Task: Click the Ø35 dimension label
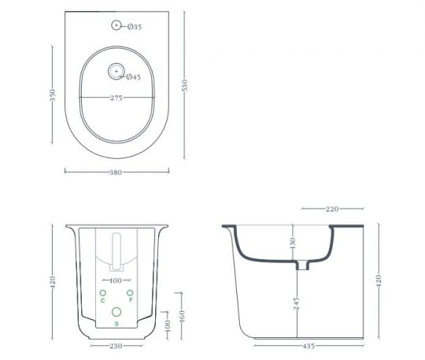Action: click(134, 28)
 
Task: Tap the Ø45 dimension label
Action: click(133, 76)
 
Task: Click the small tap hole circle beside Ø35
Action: click(116, 27)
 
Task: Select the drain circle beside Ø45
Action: click(116, 72)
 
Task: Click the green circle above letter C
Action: click(102, 293)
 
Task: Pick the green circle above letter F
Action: click(131, 293)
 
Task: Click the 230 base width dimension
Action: click(116, 345)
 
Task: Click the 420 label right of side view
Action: click(379, 279)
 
